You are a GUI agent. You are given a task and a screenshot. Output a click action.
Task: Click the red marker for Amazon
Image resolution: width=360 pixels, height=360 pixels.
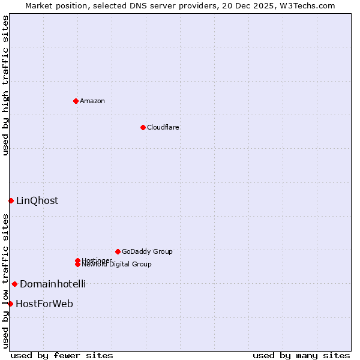(x=76, y=101)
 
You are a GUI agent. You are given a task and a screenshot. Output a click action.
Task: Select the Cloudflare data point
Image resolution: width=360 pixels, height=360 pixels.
(x=143, y=127)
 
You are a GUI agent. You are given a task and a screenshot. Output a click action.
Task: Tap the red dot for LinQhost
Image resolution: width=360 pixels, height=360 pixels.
(x=11, y=200)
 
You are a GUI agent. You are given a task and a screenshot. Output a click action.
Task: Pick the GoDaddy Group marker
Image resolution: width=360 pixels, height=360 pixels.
(x=118, y=251)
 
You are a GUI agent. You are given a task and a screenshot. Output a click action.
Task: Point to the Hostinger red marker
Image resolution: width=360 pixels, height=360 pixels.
(x=77, y=260)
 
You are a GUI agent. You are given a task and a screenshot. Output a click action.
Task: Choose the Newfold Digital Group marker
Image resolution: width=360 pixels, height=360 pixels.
(x=77, y=264)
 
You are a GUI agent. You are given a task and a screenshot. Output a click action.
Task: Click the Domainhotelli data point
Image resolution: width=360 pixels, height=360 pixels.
(x=14, y=284)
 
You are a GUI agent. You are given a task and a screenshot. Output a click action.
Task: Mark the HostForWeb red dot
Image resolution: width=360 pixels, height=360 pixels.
(x=10, y=304)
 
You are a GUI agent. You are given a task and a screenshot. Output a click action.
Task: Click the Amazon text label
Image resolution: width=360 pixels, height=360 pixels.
(x=92, y=101)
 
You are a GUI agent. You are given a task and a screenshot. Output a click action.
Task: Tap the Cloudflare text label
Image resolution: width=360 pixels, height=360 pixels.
(x=163, y=127)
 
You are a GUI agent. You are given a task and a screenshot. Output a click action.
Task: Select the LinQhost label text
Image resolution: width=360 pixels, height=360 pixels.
(x=37, y=200)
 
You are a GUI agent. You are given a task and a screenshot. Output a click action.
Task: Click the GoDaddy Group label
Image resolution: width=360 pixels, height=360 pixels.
(x=147, y=251)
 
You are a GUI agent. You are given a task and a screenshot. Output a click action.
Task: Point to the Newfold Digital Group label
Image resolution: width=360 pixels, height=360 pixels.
(x=116, y=264)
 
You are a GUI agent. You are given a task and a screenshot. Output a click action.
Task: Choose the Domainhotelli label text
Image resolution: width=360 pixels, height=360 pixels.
(x=53, y=284)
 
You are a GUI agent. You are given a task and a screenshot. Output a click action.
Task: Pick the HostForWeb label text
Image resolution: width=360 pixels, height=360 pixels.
(x=44, y=304)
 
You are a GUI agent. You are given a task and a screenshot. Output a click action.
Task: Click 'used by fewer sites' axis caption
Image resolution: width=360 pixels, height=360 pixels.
(x=62, y=355)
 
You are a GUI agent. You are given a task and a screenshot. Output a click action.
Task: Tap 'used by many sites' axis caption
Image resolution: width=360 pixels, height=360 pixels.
(x=301, y=355)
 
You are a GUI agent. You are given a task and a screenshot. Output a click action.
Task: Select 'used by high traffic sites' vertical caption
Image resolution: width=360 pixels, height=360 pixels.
(x=5, y=85)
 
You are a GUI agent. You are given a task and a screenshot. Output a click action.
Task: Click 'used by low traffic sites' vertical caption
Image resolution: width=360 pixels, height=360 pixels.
(x=5, y=281)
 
